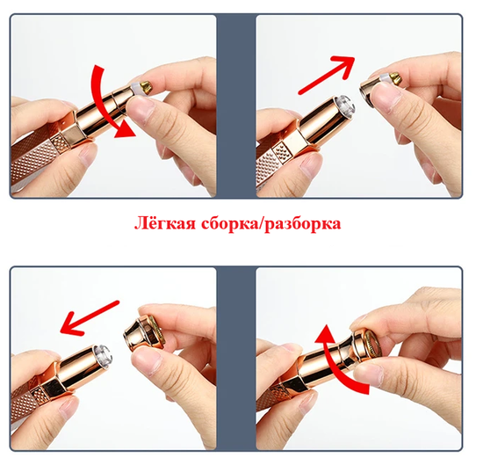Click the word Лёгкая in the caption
165,222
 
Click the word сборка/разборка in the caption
271,223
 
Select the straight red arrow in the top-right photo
327,75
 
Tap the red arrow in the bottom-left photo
90,318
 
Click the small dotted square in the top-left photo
60,143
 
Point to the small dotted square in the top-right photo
283,152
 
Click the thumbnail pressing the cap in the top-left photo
138,106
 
